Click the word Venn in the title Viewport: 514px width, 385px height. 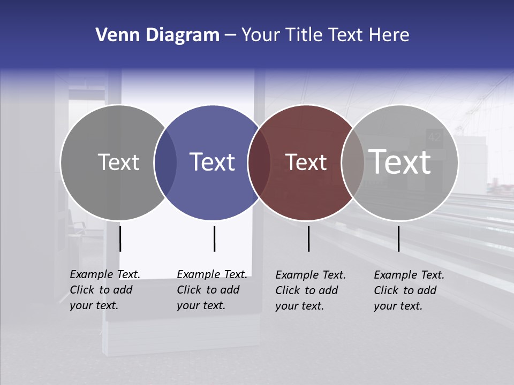[112, 35]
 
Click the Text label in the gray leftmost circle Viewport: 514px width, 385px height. [118, 162]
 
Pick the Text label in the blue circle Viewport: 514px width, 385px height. [213, 162]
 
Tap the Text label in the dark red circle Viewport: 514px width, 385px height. [306, 162]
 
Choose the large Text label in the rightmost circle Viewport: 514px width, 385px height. [400, 162]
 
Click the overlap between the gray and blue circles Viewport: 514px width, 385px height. [165, 163]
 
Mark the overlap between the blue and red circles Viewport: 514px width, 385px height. [259, 163]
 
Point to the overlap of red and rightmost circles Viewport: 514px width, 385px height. [353, 163]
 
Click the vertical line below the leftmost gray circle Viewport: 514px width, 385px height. [120, 238]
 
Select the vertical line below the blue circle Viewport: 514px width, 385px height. [214, 238]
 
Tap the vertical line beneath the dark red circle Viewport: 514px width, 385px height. [308, 238]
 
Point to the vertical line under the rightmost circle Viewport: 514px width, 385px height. [398, 238]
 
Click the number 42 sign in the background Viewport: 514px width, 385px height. [434, 137]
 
